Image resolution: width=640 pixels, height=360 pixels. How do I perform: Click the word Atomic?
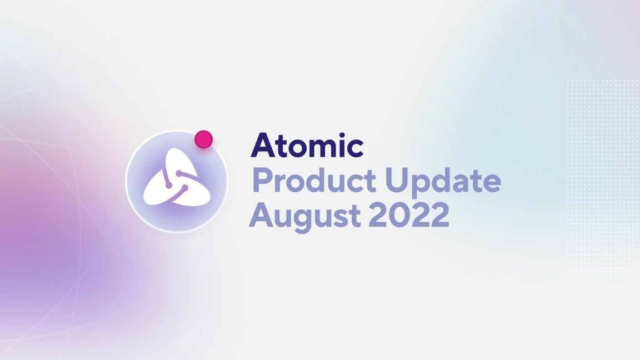coord(307,146)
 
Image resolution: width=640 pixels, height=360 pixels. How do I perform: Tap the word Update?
coord(443,181)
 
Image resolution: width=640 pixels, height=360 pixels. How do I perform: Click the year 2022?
coord(409,214)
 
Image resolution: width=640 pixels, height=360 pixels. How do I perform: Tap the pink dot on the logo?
coord(204,139)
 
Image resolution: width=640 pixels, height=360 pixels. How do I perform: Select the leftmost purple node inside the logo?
coord(168,186)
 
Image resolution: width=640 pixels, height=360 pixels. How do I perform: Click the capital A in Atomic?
coord(263,146)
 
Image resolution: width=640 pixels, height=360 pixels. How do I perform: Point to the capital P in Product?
coord(262,180)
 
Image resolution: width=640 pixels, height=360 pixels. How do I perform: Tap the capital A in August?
coord(262,215)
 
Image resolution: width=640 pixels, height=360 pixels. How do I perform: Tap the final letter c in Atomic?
coord(353,148)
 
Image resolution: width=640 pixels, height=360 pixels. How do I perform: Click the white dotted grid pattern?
coord(602,178)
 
